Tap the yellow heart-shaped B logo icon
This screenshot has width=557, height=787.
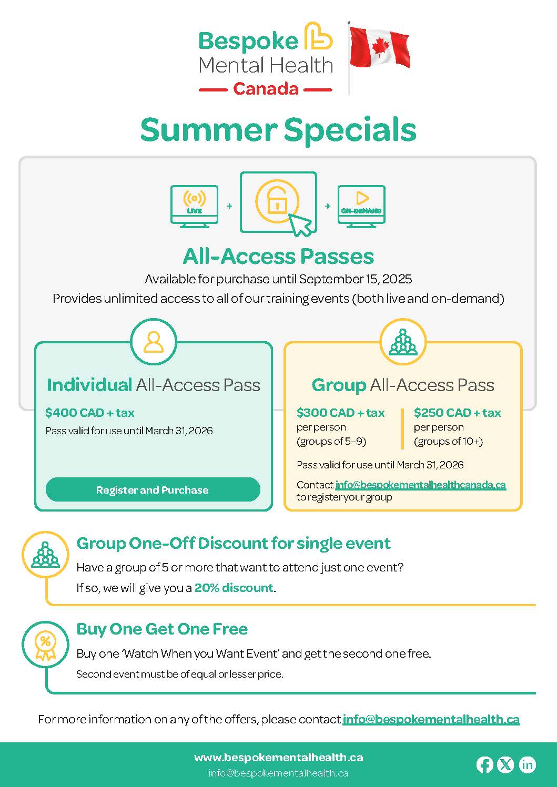pyautogui.click(x=318, y=36)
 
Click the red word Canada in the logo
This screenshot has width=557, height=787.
pyautogui.click(x=266, y=89)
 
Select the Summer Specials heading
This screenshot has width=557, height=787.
pyautogui.click(x=278, y=130)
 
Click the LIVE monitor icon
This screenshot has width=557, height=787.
pyautogui.click(x=194, y=207)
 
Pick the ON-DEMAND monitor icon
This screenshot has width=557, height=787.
pyautogui.click(x=361, y=207)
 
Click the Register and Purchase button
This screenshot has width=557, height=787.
pyautogui.click(x=153, y=490)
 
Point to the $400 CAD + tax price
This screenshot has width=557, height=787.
pyautogui.click(x=90, y=413)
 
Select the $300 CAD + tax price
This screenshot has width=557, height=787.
pyautogui.click(x=340, y=413)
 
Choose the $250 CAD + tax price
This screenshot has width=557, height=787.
pyautogui.click(x=457, y=413)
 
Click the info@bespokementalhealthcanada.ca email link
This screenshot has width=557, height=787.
pyautogui.click(x=421, y=485)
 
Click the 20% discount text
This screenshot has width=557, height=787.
pyautogui.click(x=234, y=588)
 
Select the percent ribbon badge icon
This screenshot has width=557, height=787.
pyautogui.click(x=45, y=648)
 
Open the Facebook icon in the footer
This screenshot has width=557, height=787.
pyautogui.click(x=484, y=765)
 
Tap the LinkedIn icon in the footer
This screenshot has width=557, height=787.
pyautogui.click(x=528, y=765)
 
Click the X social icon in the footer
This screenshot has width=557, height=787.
pyautogui.click(x=506, y=765)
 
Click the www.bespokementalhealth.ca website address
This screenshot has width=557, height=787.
pyautogui.click(x=279, y=758)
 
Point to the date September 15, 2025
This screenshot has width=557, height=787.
pyautogui.click(x=356, y=279)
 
